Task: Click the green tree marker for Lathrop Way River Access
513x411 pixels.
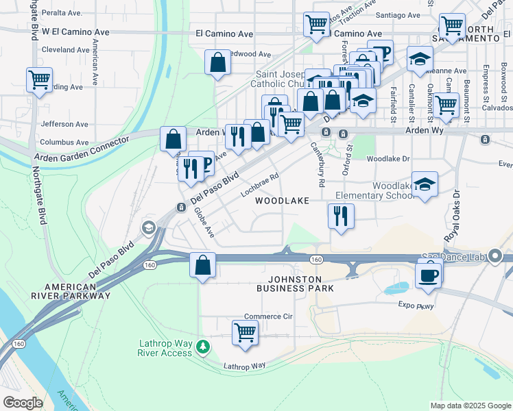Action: point(202,347)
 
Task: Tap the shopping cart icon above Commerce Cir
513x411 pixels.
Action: point(245,332)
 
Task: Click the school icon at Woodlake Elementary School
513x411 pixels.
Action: point(425,184)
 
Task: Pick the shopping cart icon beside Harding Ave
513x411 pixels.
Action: point(39,79)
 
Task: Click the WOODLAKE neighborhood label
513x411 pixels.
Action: point(283,201)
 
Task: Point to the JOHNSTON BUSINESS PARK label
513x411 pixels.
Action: point(295,284)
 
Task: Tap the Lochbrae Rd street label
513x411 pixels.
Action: point(260,185)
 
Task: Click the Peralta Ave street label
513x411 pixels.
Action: point(62,13)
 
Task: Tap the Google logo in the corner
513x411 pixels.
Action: point(23,403)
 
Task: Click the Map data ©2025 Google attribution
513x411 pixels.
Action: point(470,406)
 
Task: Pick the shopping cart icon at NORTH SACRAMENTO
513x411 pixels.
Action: point(452,27)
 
